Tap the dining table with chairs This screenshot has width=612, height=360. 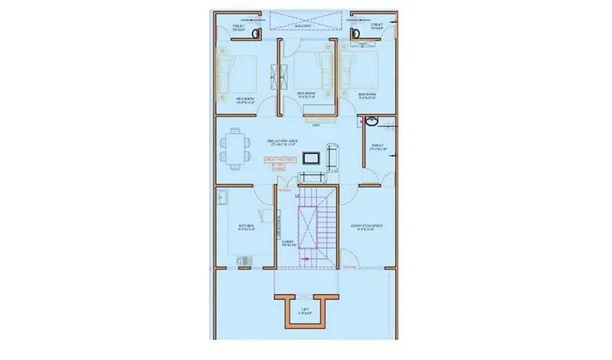click(x=234, y=147)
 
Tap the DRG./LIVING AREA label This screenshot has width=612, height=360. click(x=282, y=142)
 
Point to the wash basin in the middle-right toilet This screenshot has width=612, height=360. click(x=371, y=121)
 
